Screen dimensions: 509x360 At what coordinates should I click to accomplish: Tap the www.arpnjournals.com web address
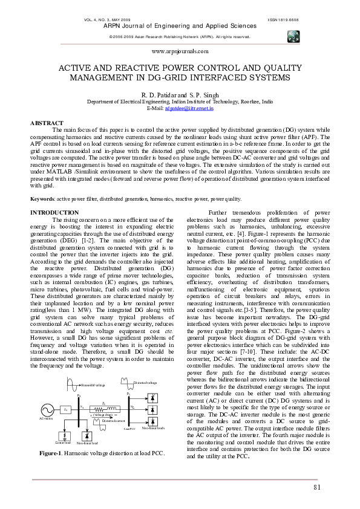(x=179, y=53)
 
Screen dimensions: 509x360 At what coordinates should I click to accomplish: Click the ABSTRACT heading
(x=47, y=123)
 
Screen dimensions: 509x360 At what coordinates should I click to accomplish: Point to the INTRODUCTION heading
(x=54, y=213)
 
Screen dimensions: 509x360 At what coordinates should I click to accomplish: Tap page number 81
(x=317, y=488)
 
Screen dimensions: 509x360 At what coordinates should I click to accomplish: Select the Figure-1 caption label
(x=54, y=453)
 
